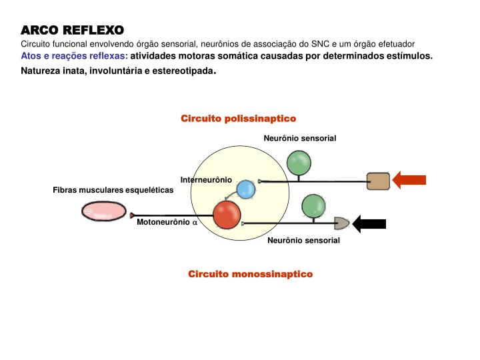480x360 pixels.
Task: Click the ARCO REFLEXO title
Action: [x=72, y=31]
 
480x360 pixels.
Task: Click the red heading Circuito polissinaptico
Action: [x=238, y=118]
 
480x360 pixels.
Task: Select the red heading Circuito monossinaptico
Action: [x=250, y=274]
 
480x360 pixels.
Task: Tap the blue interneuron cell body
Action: [x=247, y=189]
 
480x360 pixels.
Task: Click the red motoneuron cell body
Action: [x=227, y=215]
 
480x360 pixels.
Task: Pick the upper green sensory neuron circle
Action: [x=298, y=162]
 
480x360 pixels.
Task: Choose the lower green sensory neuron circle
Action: [x=313, y=205]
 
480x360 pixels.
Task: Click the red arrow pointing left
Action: [x=409, y=180]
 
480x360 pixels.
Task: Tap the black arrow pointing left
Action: [x=369, y=223]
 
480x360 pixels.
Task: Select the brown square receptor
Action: [x=378, y=181]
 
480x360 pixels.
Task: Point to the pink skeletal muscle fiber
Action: [x=103, y=212]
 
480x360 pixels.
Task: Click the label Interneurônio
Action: [x=206, y=180]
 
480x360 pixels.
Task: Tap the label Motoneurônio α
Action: [x=167, y=223]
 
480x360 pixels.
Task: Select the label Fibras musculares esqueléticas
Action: [x=113, y=190]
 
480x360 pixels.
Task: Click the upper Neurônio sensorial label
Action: [x=300, y=138]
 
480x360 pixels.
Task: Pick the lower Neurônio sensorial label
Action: [x=303, y=240]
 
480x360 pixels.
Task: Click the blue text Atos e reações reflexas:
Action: [x=74, y=55]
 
